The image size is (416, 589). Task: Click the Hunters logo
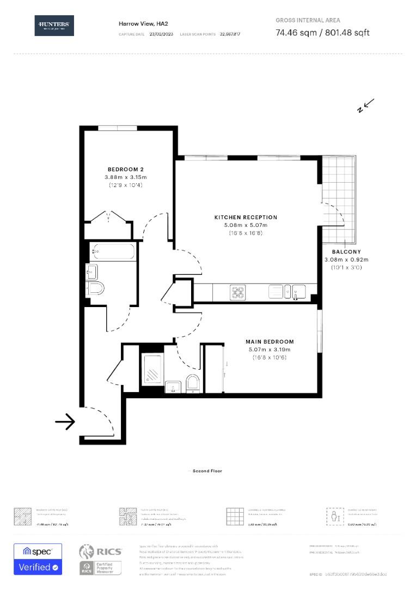(54, 26)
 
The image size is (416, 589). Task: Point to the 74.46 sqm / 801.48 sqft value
(322, 33)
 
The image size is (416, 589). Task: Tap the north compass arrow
(366, 105)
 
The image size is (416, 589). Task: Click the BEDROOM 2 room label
(126, 170)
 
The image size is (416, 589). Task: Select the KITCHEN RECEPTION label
(246, 217)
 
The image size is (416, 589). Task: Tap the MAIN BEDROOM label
(270, 342)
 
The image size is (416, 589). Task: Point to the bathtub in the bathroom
(113, 252)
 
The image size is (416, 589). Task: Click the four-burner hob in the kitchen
(238, 292)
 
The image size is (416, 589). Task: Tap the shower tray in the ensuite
(152, 370)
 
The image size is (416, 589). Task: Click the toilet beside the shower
(193, 383)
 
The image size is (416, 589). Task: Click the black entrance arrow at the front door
(65, 422)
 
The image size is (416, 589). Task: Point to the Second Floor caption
(207, 471)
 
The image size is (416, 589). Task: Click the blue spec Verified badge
(38, 560)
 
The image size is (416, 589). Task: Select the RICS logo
(101, 552)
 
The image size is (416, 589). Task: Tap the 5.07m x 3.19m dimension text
(270, 350)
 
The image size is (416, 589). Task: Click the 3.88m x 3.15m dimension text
(126, 178)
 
